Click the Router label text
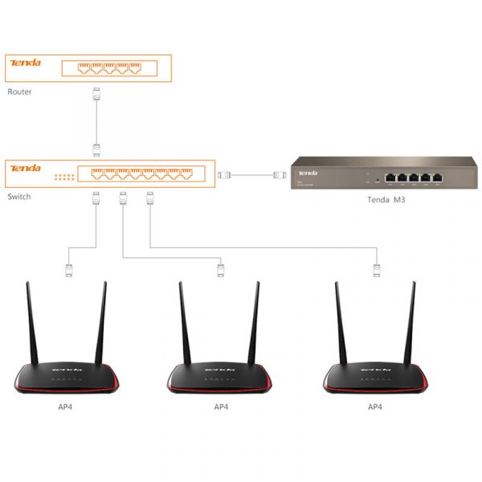click(x=19, y=92)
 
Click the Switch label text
click(x=19, y=196)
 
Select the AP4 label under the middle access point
click(x=221, y=407)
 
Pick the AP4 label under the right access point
click(x=375, y=407)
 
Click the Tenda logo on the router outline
click(x=24, y=63)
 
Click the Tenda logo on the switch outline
click(x=24, y=169)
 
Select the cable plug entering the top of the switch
click(x=96, y=149)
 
